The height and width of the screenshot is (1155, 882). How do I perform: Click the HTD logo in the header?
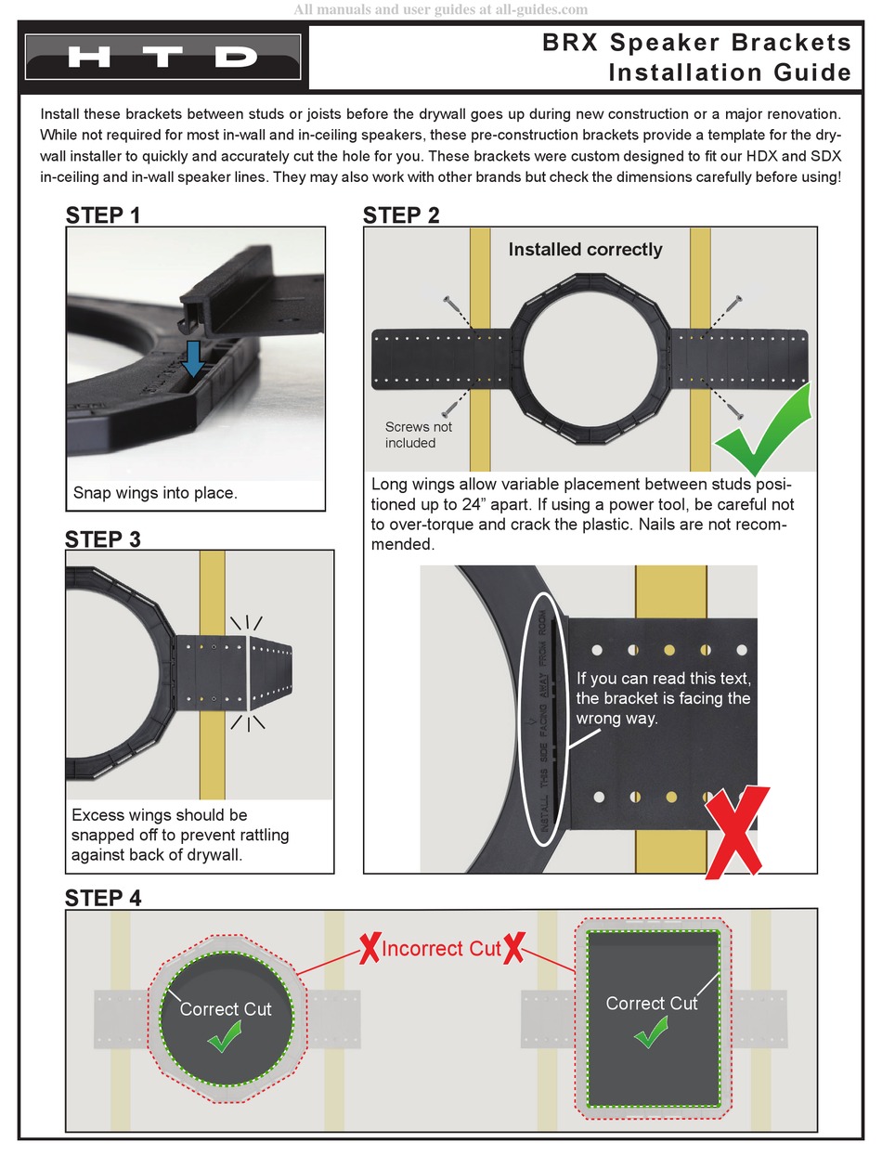coord(163,57)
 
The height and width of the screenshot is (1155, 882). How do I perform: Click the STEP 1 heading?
coord(103,215)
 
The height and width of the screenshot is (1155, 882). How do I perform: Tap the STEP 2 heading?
coord(401,215)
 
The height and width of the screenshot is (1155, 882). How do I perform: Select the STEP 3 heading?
coord(103,539)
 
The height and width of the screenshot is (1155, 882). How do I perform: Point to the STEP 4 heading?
coord(103,898)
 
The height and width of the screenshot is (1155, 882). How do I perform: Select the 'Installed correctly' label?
coord(585,249)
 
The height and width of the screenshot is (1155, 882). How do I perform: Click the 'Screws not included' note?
coord(418,435)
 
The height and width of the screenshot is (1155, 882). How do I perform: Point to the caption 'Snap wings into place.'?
coord(155,493)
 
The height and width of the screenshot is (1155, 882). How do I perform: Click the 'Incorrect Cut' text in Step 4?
coord(441,949)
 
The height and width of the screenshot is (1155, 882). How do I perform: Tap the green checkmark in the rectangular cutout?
coord(650,1032)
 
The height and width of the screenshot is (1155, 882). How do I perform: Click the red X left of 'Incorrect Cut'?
coord(370,949)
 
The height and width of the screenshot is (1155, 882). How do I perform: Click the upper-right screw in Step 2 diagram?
coord(734,303)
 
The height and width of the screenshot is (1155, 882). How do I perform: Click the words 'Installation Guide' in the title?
coord(729,72)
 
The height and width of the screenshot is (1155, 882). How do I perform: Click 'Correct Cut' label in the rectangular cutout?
coord(651,1003)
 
